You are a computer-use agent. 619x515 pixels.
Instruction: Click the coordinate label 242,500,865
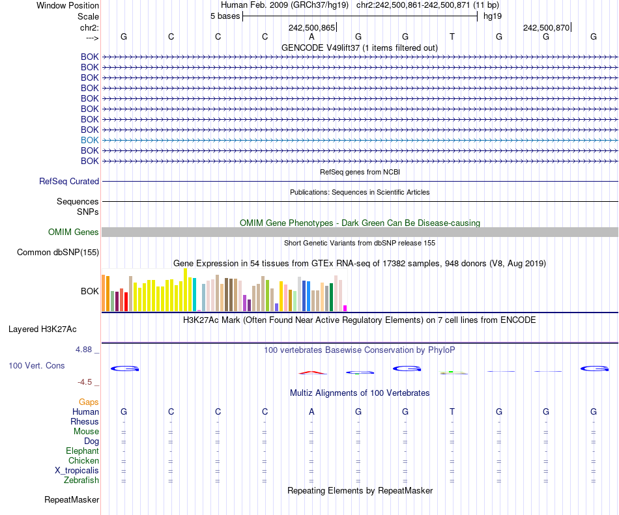tap(311, 27)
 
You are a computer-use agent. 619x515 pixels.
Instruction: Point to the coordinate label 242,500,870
tap(546, 27)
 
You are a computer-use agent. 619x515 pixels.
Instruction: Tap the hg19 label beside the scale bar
tap(492, 16)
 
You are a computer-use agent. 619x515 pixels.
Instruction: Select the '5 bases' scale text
tap(225, 16)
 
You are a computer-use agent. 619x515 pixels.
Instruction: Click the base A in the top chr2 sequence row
tap(311, 36)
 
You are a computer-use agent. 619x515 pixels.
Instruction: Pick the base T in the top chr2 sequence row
tap(452, 36)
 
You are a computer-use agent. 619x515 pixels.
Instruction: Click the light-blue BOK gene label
tap(90, 140)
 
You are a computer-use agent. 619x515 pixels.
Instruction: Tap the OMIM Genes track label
tap(74, 232)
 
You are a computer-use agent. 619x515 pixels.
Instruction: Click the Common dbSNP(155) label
tap(58, 253)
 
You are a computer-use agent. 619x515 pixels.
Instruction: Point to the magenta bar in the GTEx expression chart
tap(345, 308)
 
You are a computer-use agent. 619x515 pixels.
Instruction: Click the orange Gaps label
tap(89, 402)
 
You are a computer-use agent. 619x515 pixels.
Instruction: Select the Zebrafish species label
tap(81, 480)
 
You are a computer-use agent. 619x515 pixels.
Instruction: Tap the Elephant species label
tap(82, 451)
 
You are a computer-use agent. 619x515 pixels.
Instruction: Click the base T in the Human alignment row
tap(452, 412)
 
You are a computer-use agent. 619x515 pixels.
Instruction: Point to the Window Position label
tap(68, 5)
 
